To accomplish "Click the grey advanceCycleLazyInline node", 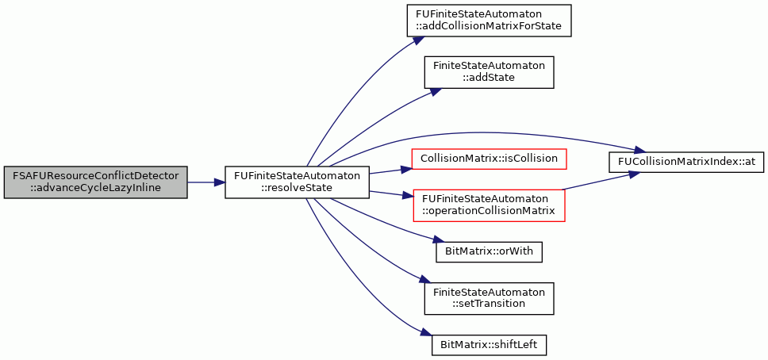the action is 95,182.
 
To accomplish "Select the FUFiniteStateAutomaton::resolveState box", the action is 297,182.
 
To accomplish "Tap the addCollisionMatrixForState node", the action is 490,20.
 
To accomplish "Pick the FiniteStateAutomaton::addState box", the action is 489,72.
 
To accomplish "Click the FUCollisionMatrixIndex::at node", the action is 686,162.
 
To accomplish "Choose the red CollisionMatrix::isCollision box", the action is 490,159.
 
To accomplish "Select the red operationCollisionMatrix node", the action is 490,205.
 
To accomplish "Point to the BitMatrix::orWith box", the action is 489,251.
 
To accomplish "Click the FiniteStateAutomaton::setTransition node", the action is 489,298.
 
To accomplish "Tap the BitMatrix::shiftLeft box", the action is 489,344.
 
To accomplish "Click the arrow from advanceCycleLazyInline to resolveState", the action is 206,182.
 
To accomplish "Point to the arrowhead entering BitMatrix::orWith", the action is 431,240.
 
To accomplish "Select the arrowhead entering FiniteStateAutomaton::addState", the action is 436,91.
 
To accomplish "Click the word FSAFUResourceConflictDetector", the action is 95,175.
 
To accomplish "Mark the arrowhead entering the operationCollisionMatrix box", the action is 409,196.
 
